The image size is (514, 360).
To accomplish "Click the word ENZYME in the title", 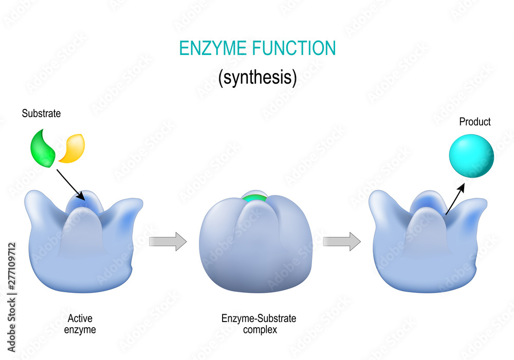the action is [213, 48].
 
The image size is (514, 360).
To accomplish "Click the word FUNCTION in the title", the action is [294, 48].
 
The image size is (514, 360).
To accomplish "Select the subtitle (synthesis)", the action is [258, 78].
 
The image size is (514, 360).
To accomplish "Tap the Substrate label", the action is [41, 113].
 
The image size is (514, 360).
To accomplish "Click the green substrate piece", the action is [43, 148].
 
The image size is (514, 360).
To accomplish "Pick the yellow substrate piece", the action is [72, 148].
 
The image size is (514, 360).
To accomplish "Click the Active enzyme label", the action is [80, 324].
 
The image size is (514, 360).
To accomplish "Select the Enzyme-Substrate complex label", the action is [259, 324].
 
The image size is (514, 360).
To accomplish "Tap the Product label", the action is [474, 122].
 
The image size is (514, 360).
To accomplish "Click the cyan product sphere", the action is [471, 156].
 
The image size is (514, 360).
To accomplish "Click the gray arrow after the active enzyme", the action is [168, 242].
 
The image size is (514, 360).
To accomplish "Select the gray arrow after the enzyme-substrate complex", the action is [342, 242].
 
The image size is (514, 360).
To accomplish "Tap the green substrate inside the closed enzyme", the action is [254, 198].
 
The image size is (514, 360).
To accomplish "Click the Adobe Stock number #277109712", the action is [11, 266].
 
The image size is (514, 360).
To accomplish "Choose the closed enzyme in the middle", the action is [255, 242].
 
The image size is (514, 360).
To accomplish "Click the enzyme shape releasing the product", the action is [428, 242].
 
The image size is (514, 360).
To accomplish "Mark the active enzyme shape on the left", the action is [84, 242].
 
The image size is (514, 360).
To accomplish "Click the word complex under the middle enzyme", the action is [260, 330].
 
